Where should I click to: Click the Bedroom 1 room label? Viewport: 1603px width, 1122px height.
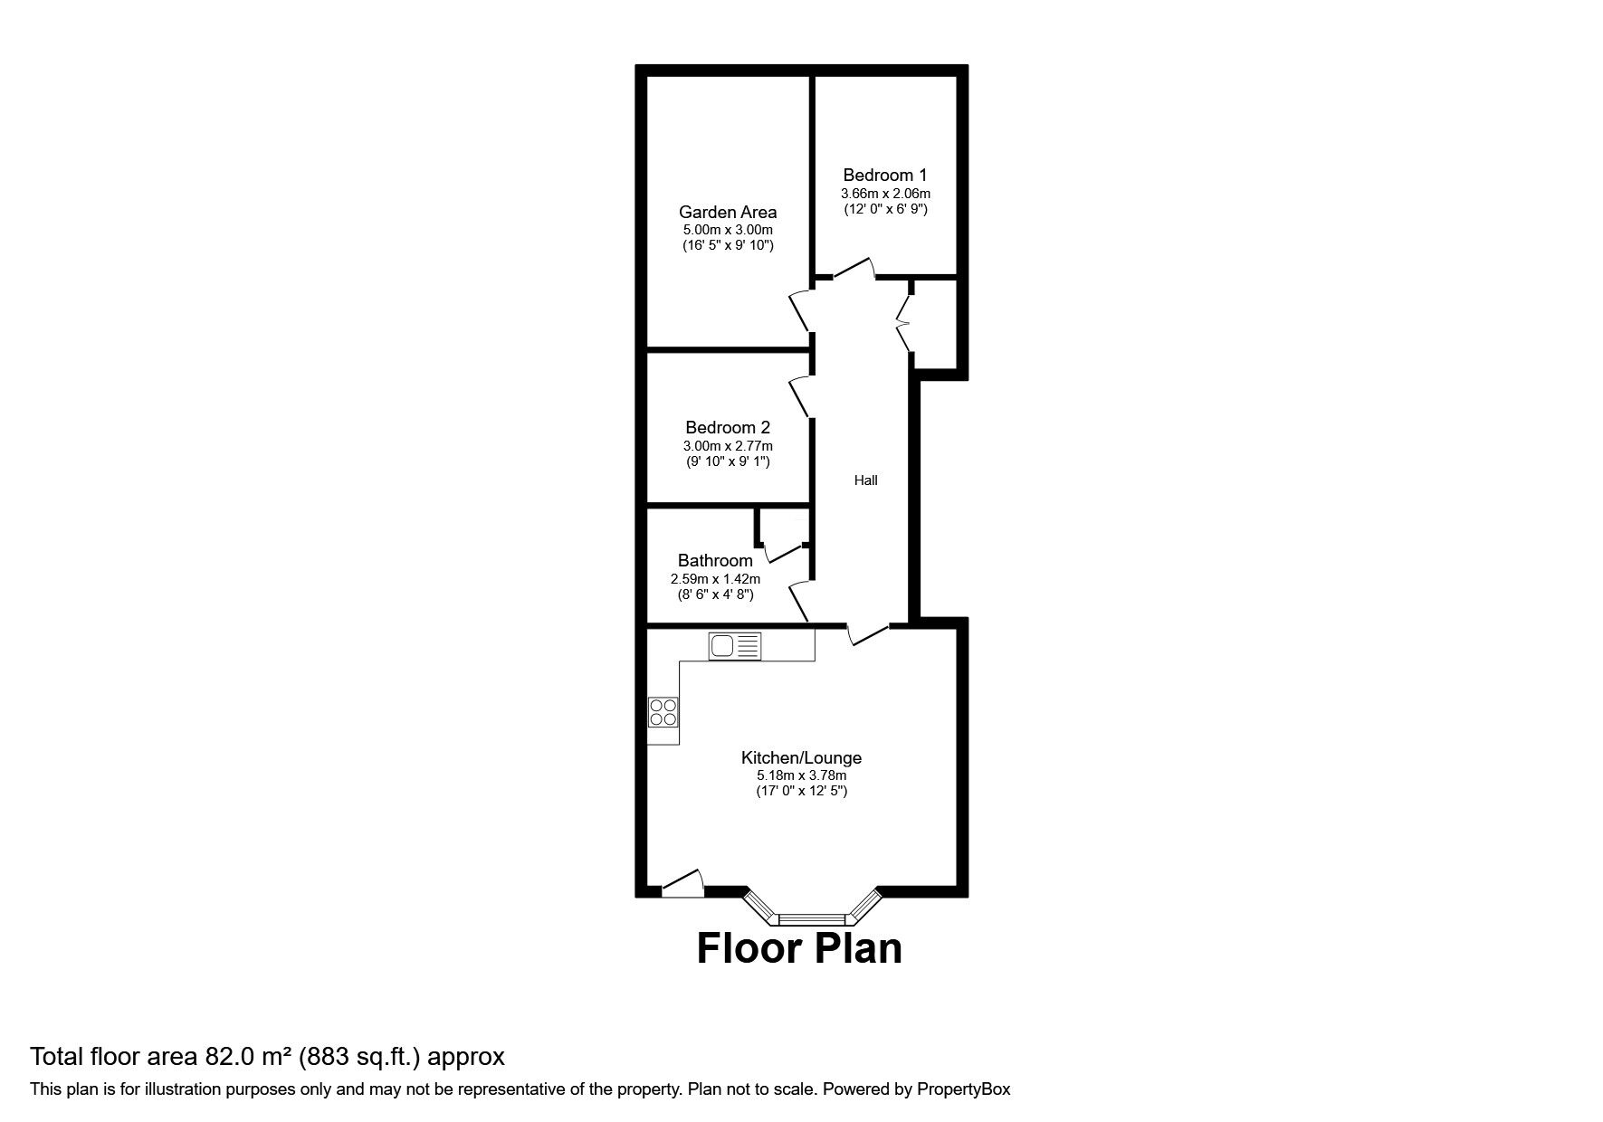(x=884, y=175)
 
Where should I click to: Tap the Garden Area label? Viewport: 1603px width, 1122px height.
(x=728, y=212)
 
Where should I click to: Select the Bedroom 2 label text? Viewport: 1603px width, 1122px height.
(x=728, y=427)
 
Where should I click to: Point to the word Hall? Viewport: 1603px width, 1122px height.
(x=866, y=480)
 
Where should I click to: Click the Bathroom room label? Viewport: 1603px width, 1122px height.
(x=715, y=561)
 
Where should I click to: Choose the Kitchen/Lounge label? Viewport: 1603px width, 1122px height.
(x=801, y=758)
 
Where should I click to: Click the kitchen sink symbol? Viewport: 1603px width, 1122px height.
(x=735, y=646)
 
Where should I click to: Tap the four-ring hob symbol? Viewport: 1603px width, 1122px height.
(x=663, y=712)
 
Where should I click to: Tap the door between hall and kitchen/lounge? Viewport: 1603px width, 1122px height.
(x=867, y=635)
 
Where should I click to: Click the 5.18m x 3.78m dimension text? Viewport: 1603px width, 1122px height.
(x=801, y=775)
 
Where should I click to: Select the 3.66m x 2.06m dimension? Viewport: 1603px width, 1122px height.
(x=885, y=194)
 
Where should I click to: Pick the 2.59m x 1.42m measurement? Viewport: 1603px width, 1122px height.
(x=715, y=579)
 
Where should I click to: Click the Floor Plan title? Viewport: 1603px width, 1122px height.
(x=799, y=948)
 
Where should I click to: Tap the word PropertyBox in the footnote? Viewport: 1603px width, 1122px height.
(x=963, y=1089)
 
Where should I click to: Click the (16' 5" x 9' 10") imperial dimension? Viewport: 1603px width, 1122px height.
(x=728, y=245)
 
